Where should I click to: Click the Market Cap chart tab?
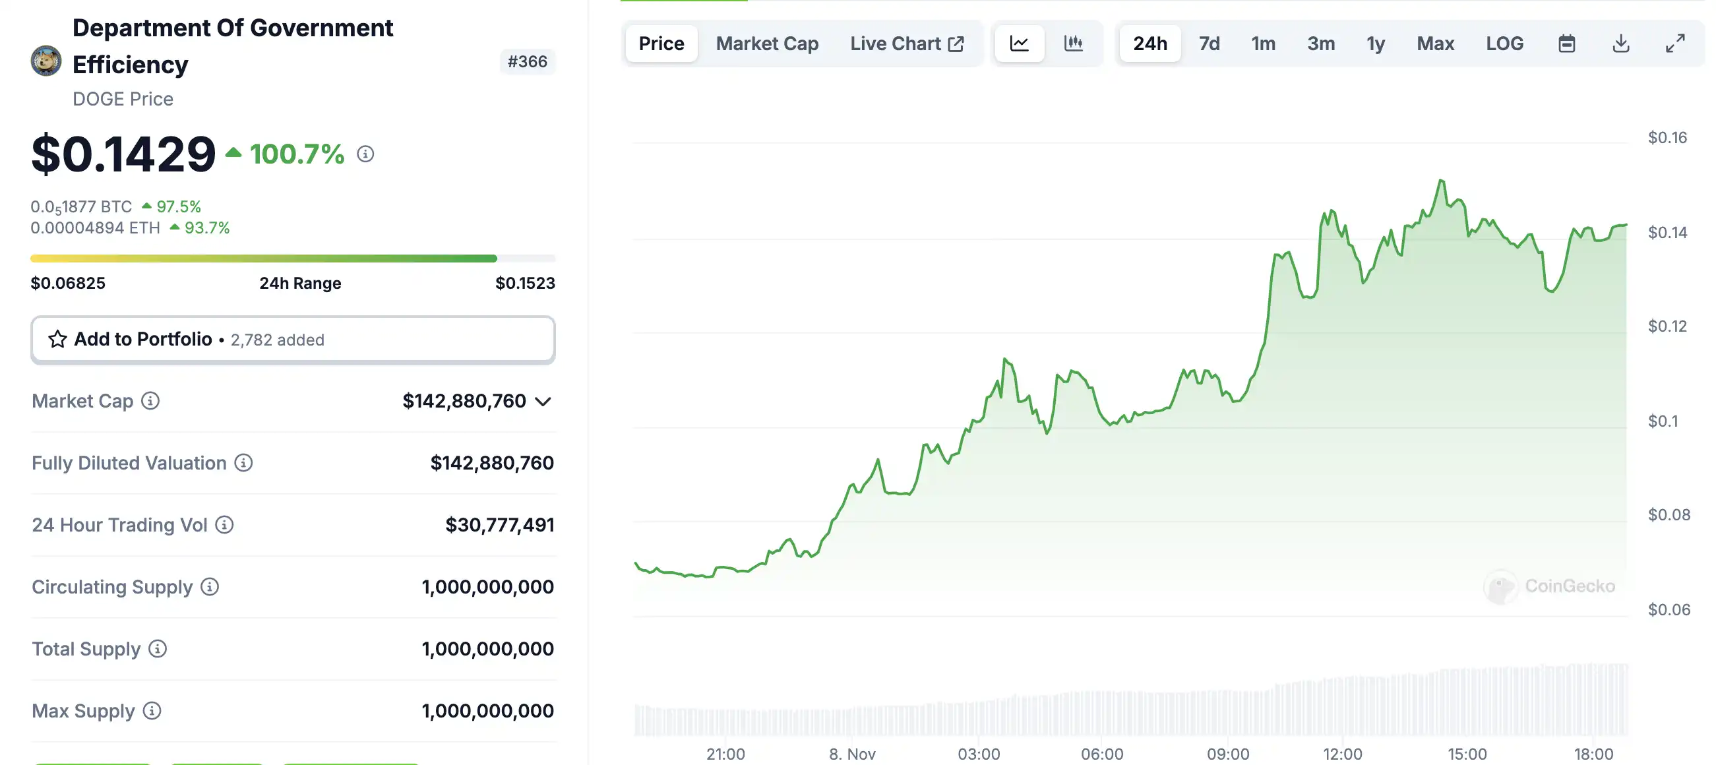[767, 44]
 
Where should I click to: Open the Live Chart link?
[906, 44]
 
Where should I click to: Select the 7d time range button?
[1209, 44]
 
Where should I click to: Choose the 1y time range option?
[1375, 44]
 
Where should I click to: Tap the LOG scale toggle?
[1504, 44]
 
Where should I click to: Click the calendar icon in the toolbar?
[1567, 44]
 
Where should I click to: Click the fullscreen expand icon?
[1674, 44]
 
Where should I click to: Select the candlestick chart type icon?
[1073, 44]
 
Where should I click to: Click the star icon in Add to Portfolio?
[57, 339]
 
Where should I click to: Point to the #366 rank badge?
[527, 62]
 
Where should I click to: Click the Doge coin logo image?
[46, 61]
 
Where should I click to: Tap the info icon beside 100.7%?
[365, 154]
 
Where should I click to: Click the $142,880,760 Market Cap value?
[464, 401]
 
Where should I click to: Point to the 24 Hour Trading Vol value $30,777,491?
[499, 525]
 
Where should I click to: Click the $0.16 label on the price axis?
[1667, 138]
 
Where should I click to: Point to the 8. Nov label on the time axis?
[851, 754]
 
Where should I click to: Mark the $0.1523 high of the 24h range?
[525, 283]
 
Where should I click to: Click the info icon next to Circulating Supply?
[210, 587]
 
